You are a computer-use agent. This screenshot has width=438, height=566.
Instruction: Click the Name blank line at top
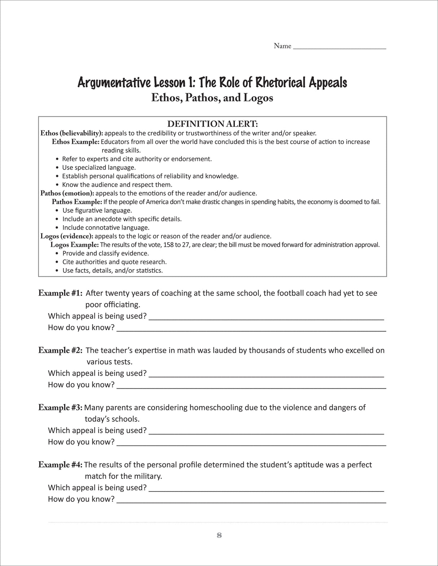tap(340, 47)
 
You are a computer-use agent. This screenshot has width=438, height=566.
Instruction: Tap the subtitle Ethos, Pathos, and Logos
tap(212, 98)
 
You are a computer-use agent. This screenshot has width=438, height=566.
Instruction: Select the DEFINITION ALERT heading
tap(213, 124)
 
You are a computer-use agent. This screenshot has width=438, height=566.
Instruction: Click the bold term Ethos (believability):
tap(72, 133)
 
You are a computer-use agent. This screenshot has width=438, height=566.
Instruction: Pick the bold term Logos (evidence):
tap(67, 236)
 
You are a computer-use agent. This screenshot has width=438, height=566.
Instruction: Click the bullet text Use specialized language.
tap(99, 168)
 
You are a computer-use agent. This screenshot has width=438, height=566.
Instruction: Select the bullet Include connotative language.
tap(106, 228)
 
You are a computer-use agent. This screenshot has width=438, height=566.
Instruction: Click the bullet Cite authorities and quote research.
tap(114, 262)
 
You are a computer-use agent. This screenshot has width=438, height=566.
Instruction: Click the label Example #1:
tap(61, 293)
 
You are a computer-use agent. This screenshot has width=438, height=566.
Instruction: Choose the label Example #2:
tap(61, 351)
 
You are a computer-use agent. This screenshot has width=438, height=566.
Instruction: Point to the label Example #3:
tap(61, 408)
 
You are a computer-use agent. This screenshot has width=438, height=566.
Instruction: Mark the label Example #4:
tap(61, 465)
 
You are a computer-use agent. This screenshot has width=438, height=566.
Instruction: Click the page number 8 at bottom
tap(219, 535)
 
